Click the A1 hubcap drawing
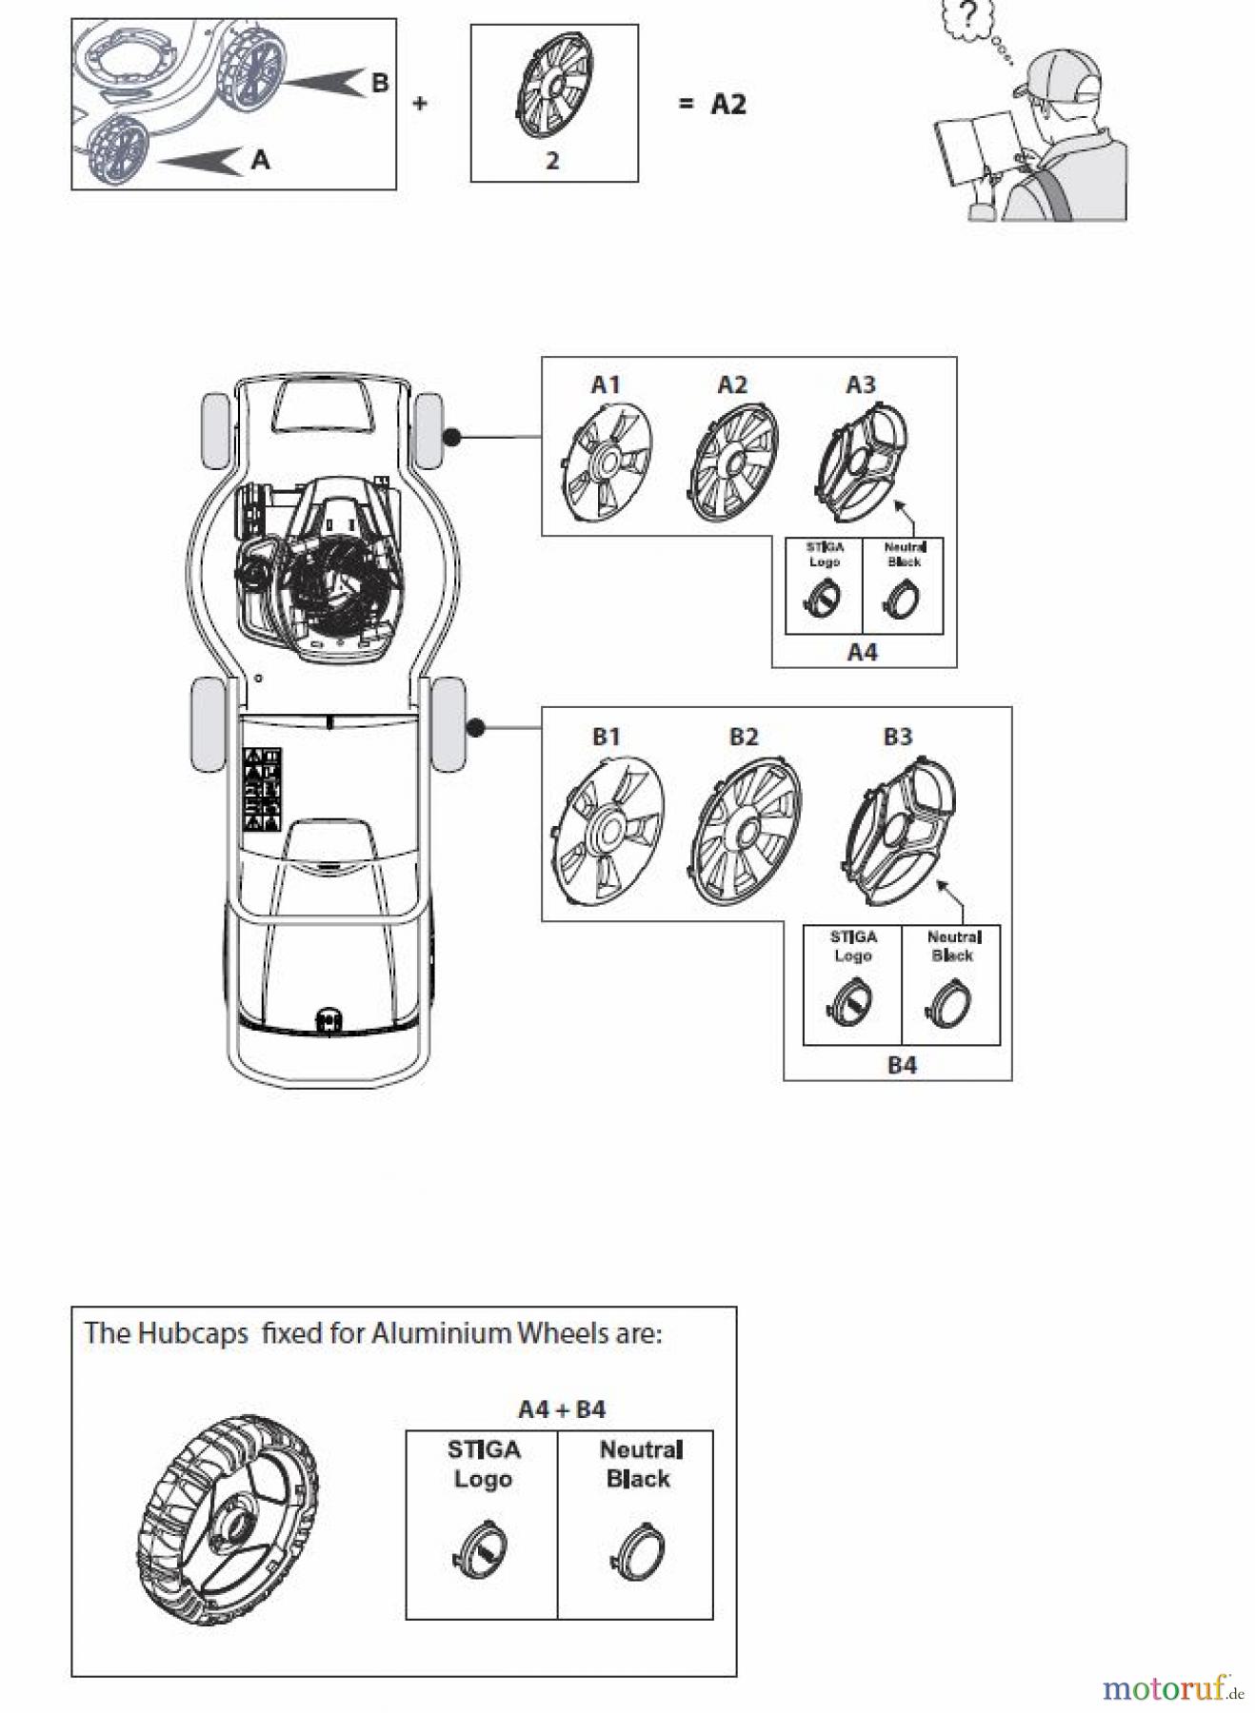pyautogui.click(x=607, y=463)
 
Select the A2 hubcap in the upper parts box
pyautogui.click(x=732, y=463)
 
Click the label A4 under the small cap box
pyautogui.click(x=862, y=652)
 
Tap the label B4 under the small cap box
pyautogui.click(x=902, y=1065)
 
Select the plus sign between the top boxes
pyautogui.click(x=420, y=103)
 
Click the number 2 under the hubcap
pyautogui.click(x=552, y=161)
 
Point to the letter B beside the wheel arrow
pyautogui.click(x=379, y=83)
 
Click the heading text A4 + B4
pyautogui.click(x=562, y=1409)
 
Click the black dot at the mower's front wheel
pyautogui.click(x=452, y=437)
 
